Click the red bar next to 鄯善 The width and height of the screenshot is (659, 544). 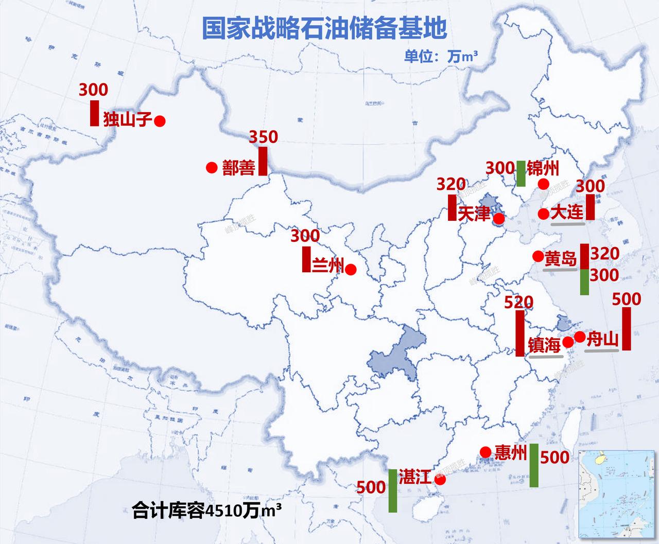click(x=263, y=161)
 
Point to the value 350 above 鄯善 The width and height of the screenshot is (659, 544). click(x=263, y=137)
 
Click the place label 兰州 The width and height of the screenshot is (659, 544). click(x=327, y=265)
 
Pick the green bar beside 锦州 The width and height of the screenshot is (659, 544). click(x=521, y=173)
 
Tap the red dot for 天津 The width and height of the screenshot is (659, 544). click(x=498, y=219)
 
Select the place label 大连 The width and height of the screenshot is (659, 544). click(x=567, y=212)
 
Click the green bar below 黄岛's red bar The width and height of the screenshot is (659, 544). click(x=584, y=282)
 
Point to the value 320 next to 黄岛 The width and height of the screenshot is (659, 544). click(x=604, y=253)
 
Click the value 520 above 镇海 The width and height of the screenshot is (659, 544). click(x=518, y=302)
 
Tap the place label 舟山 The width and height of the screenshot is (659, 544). click(x=602, y=339)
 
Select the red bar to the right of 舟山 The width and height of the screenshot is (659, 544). click(x=627, y=329)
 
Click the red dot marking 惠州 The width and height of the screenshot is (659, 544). click(x=485, y=452)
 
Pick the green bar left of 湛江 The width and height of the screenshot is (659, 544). click(x=393, y=490)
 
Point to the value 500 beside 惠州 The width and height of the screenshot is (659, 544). click(x=555, y=457)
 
